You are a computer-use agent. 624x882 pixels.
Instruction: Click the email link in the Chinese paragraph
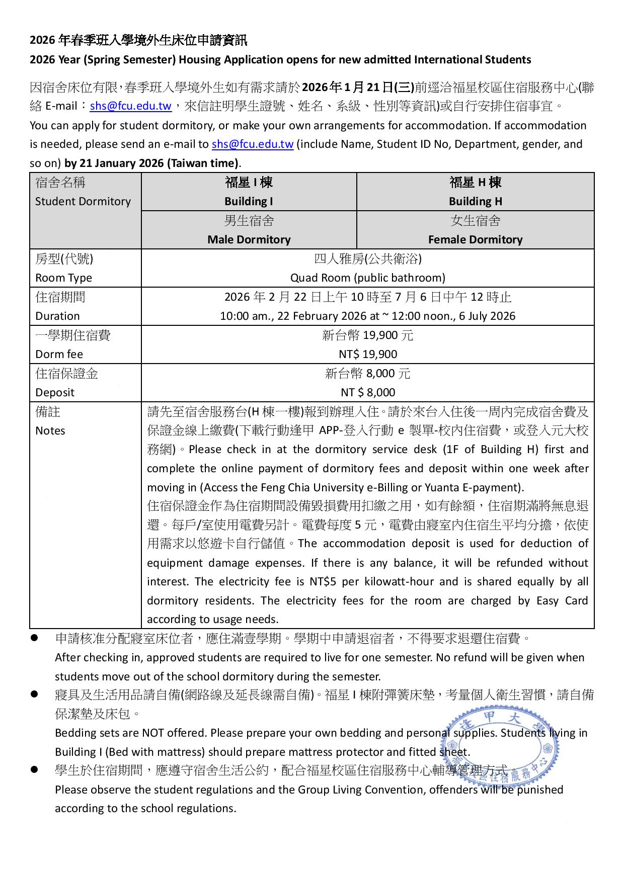point(131,107)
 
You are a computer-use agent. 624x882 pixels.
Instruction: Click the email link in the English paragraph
point(253,144)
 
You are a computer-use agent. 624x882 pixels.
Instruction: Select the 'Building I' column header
point(249,202)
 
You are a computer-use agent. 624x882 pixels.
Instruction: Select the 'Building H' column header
point(475,202)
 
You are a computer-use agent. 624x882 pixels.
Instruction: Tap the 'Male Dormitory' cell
point(249,240)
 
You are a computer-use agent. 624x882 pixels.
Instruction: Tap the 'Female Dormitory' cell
point(475,240)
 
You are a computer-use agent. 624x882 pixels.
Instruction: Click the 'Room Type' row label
point(63,278)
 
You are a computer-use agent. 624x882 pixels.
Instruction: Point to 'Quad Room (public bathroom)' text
point(367,278)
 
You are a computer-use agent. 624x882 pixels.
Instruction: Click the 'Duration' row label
point(57,316)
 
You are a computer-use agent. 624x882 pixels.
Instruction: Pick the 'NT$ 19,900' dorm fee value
point(367,355)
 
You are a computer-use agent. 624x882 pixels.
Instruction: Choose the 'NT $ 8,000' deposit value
point(367,393)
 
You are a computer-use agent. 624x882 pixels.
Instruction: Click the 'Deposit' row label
point(54,393)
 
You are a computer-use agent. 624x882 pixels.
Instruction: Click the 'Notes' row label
point(50,431)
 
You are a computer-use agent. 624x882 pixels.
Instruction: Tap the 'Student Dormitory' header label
point(83,202)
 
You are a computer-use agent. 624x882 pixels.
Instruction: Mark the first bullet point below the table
point(35,638)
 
